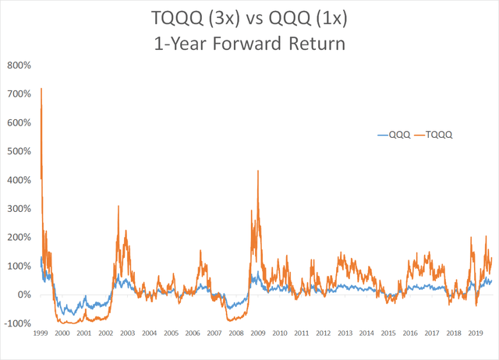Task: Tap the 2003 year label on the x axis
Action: coord(127,333)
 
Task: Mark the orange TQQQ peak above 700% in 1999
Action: coord(41,89)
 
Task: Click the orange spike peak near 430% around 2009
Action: coord(258,171)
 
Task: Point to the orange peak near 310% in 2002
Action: coord(118,206)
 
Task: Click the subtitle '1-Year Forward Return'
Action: coord(249,44)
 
